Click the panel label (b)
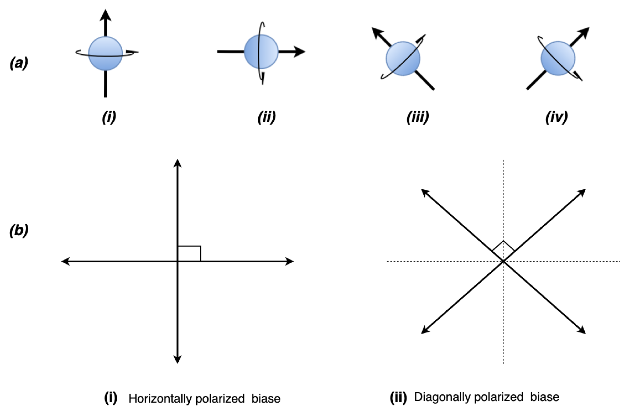click(19, 231)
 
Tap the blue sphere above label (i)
click(105, 53)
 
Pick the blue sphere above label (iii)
click(403, 59)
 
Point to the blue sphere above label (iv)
click(558, 58)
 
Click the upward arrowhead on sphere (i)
click(105, 15)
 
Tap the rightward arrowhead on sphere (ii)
click(300, 52)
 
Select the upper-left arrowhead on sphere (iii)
click(377, 32)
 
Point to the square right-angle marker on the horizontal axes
click(189, 253)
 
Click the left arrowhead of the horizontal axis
click(65, 261)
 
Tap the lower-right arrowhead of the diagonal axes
click(582, 331)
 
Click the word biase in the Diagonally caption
click(545, 397)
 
